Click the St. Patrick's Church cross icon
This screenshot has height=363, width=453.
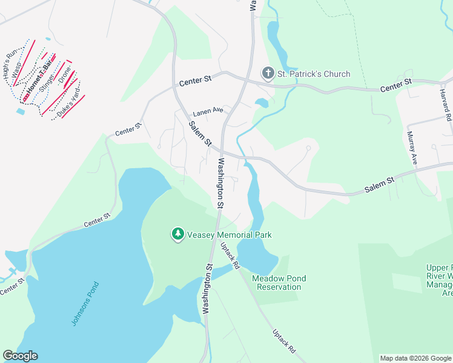click(268, 74)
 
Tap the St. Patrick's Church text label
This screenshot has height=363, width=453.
click(314, 74)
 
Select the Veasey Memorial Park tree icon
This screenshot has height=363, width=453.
click(177, 234)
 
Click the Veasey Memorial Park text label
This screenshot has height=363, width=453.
click(230, 235)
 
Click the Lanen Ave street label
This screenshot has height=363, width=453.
click(208, 112)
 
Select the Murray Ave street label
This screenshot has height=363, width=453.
click(412, 148)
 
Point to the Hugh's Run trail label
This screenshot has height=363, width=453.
click(11, 66)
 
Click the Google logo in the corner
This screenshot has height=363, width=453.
click(20, 356)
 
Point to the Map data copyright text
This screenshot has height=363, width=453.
click(415, 358)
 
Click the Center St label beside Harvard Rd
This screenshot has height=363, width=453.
click(396, 85)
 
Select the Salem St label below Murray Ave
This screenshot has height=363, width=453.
click(380, 185)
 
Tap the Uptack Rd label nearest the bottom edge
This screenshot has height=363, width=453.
click(283, 341)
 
